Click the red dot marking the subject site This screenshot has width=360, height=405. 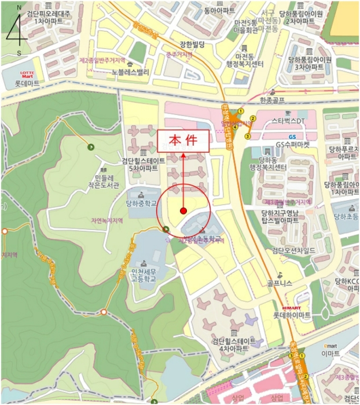click(183, 211)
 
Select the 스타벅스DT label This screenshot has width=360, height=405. click(288, 121)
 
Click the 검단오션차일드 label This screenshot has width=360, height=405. click(289, 250)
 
